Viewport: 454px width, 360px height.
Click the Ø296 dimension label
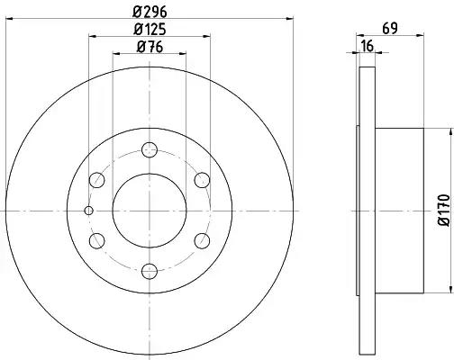[150, 12]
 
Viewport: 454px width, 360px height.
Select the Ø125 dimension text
[150, 30]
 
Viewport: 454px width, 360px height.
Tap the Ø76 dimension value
[150, 47]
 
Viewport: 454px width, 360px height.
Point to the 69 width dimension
[390, 29]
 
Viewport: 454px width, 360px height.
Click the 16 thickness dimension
[368, 46]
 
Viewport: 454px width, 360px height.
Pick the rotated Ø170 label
[444, 210]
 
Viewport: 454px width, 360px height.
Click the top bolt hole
[150, 149]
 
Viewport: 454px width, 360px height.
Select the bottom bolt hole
[150, 271]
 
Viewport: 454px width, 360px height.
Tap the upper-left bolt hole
[96, 180]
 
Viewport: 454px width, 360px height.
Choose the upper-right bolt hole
[202, 180]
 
